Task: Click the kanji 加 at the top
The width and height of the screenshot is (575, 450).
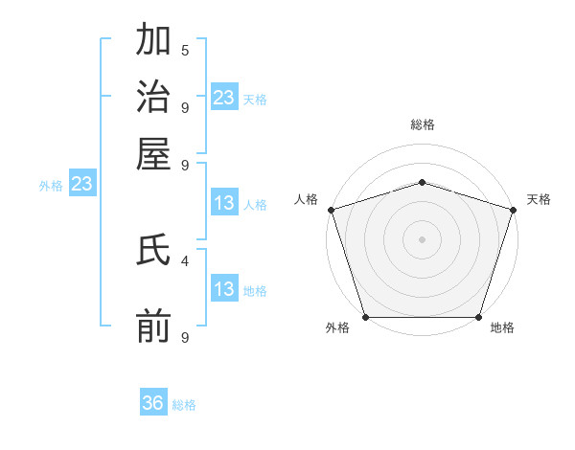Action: coord(154,43)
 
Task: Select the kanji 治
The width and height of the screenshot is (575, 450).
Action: coord(154,98)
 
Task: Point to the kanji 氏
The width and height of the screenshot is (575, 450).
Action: coord(154,252)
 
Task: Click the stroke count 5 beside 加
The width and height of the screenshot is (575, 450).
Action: coord(185,51)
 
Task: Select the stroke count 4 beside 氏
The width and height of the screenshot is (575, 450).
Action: coord(185,259)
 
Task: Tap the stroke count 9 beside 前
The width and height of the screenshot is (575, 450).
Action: coord(185,336)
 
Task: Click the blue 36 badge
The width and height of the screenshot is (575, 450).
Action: coord(153,403)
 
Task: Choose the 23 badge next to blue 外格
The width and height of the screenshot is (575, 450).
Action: coord(81,184)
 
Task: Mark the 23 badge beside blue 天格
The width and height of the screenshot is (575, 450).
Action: coord(224,98)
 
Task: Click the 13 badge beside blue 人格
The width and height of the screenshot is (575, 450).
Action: coord(224,203)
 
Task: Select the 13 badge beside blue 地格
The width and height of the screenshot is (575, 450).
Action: coord(224,289)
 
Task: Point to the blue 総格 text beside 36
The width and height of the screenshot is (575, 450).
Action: coord(184,405)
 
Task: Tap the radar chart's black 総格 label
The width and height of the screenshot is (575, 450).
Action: coord(423,124)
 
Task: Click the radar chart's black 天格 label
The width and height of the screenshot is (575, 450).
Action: coord(539,199)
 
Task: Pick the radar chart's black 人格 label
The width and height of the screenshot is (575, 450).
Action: coord(307,199)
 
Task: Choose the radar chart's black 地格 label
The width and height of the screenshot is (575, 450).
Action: coord(502,327)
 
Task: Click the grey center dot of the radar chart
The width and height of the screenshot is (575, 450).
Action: coord(422,238)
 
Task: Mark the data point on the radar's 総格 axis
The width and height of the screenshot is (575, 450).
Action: coord(422,182)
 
